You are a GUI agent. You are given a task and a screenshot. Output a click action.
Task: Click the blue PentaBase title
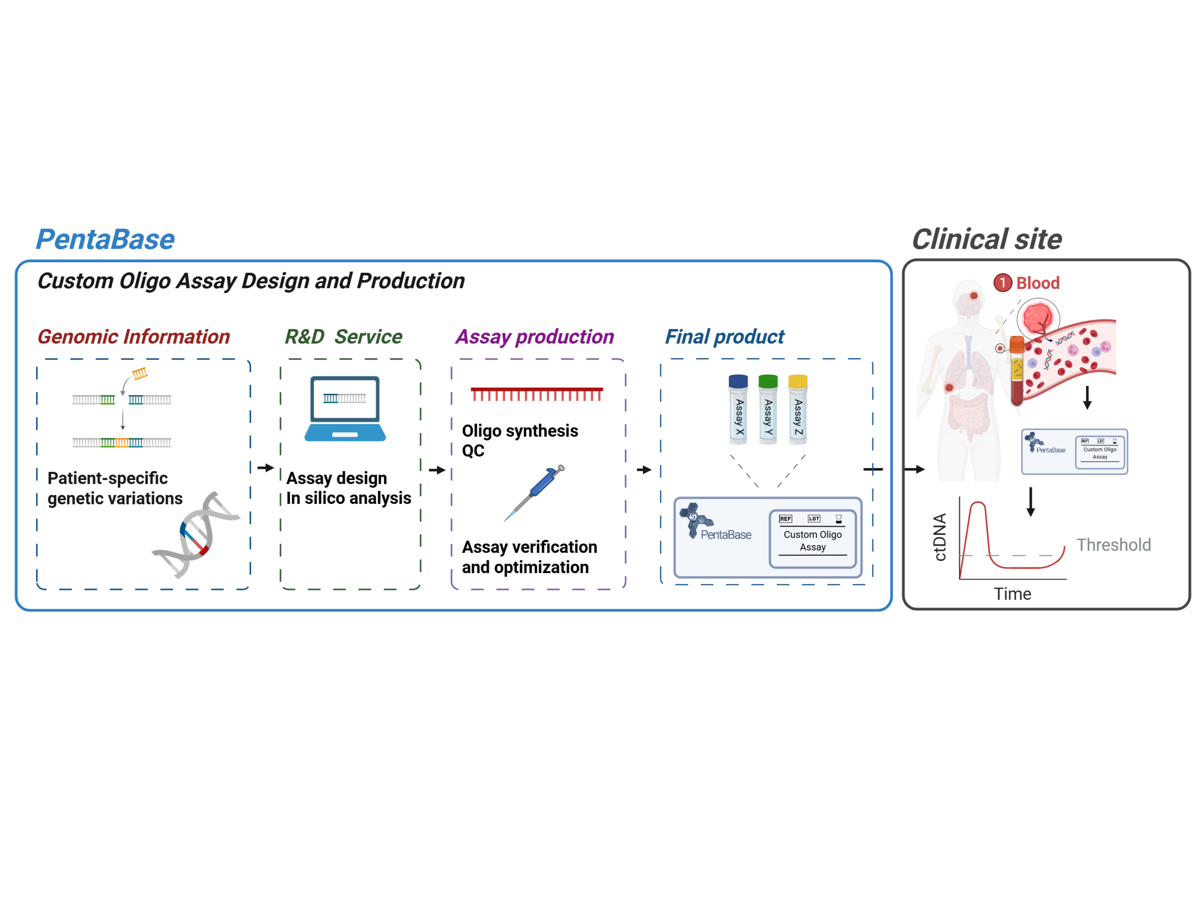(105, 239)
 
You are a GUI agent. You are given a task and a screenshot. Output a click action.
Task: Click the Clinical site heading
(987, 239)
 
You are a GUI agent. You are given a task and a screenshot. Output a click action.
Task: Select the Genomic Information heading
(134, 336)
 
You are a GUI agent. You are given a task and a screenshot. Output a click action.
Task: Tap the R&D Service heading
(343, 336)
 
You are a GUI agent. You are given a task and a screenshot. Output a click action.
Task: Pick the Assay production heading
(534, 336)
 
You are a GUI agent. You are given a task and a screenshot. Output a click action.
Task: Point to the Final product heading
(724, 336)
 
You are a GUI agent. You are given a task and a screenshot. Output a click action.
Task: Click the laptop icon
(345, 409)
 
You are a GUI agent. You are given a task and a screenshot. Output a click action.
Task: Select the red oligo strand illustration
(536, 394)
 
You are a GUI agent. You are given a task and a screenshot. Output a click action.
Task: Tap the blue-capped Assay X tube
(738, 409)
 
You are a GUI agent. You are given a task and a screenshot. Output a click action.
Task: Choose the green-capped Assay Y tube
(768, 409)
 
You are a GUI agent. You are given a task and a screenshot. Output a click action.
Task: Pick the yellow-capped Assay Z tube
(798, 409)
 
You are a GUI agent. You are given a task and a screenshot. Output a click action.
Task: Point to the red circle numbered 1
(1002, 282)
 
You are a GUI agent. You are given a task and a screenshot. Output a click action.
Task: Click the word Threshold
(1113, 544)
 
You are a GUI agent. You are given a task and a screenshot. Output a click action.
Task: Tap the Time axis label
(1012, 594)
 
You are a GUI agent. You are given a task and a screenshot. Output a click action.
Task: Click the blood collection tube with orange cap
(1017, 371)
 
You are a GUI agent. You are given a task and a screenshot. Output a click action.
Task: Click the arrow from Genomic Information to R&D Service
(265, 467)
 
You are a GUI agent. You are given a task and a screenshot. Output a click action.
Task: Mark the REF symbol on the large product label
(785, 519)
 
